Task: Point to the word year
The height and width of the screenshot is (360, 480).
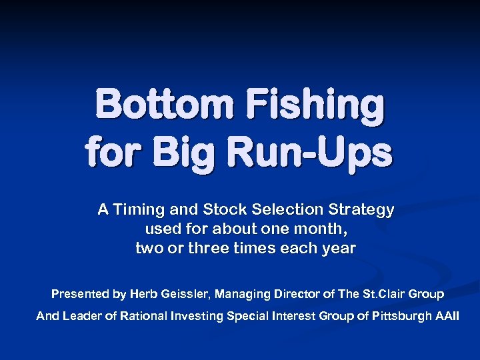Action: (341, 249)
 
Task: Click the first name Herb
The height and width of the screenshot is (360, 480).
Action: (143, 294)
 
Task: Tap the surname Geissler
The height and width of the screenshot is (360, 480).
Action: (185, 294)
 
